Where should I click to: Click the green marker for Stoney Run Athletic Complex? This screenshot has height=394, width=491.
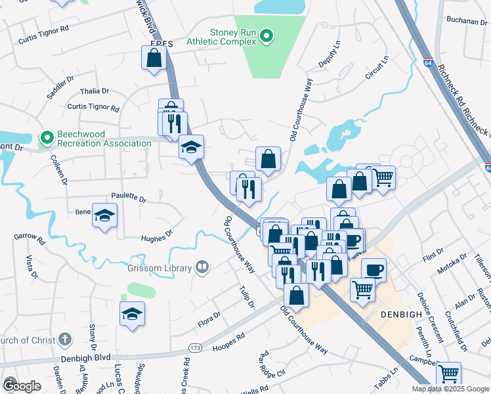[x=267, y=37]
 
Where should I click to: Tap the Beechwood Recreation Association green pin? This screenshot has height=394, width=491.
[x=47, y=138]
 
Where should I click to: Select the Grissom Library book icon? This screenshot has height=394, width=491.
[x=203, y=267]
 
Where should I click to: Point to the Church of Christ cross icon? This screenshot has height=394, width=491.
[x=64, y=339]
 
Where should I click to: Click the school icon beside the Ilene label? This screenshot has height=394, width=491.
[x=104, y=215]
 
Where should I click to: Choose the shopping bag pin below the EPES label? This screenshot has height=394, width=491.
[x=153, y=58]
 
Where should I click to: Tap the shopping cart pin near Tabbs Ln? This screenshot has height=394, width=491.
[x=448, y=374]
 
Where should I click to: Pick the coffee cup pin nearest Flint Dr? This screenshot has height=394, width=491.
[x=374, y=270]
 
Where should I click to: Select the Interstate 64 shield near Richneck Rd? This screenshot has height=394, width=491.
[x=427, y=58]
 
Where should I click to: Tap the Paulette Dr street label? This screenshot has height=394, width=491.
[x=129, y=197]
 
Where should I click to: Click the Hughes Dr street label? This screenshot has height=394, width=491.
[x=156, y=234]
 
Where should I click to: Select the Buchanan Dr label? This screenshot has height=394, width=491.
[x=467, y=21]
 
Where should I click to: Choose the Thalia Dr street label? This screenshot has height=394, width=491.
[x=94, y=91]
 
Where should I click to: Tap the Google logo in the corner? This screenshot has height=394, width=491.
[x=22, y=385]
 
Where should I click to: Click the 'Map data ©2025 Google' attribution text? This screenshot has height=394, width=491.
[x=450, y=389]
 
